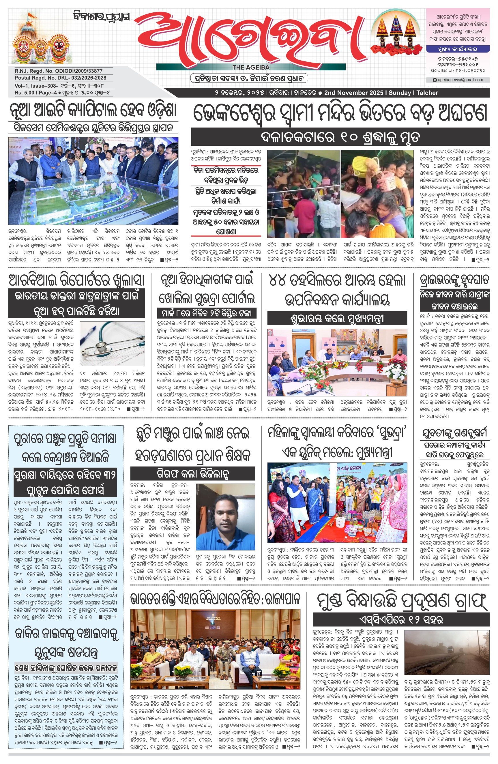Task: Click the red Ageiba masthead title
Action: (250, 39)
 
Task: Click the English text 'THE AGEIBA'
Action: (251, 68)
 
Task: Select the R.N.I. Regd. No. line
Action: (59, 71)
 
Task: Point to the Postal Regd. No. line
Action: (60, 78)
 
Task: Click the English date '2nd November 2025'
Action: (353, 93)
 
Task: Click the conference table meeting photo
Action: (337, 363)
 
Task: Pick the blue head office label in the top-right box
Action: (458, 49)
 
